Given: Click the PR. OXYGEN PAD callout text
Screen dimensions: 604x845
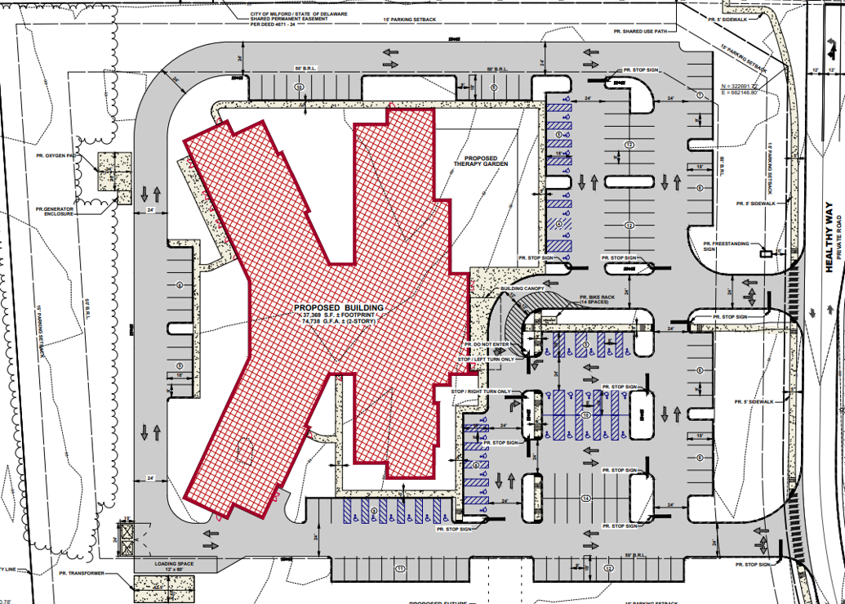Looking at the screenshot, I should [x=51, y=154].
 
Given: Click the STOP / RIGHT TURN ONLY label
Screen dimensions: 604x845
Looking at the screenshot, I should [x=481, y=391].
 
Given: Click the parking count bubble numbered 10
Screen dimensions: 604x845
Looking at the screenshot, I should [x=585, y=415].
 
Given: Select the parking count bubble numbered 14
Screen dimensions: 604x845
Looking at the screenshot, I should [x=586, y=498].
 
